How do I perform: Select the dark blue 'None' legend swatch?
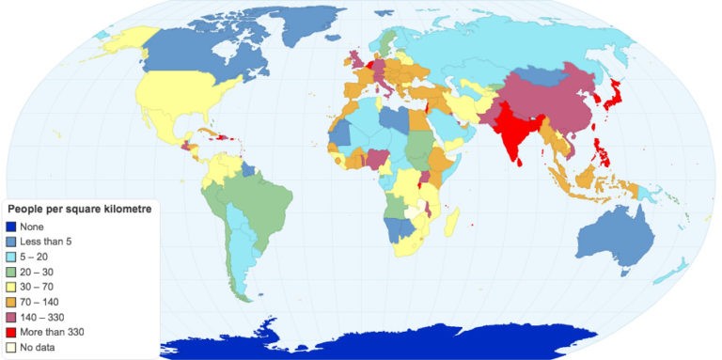(11, 226)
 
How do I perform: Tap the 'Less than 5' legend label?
(44, 242)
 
